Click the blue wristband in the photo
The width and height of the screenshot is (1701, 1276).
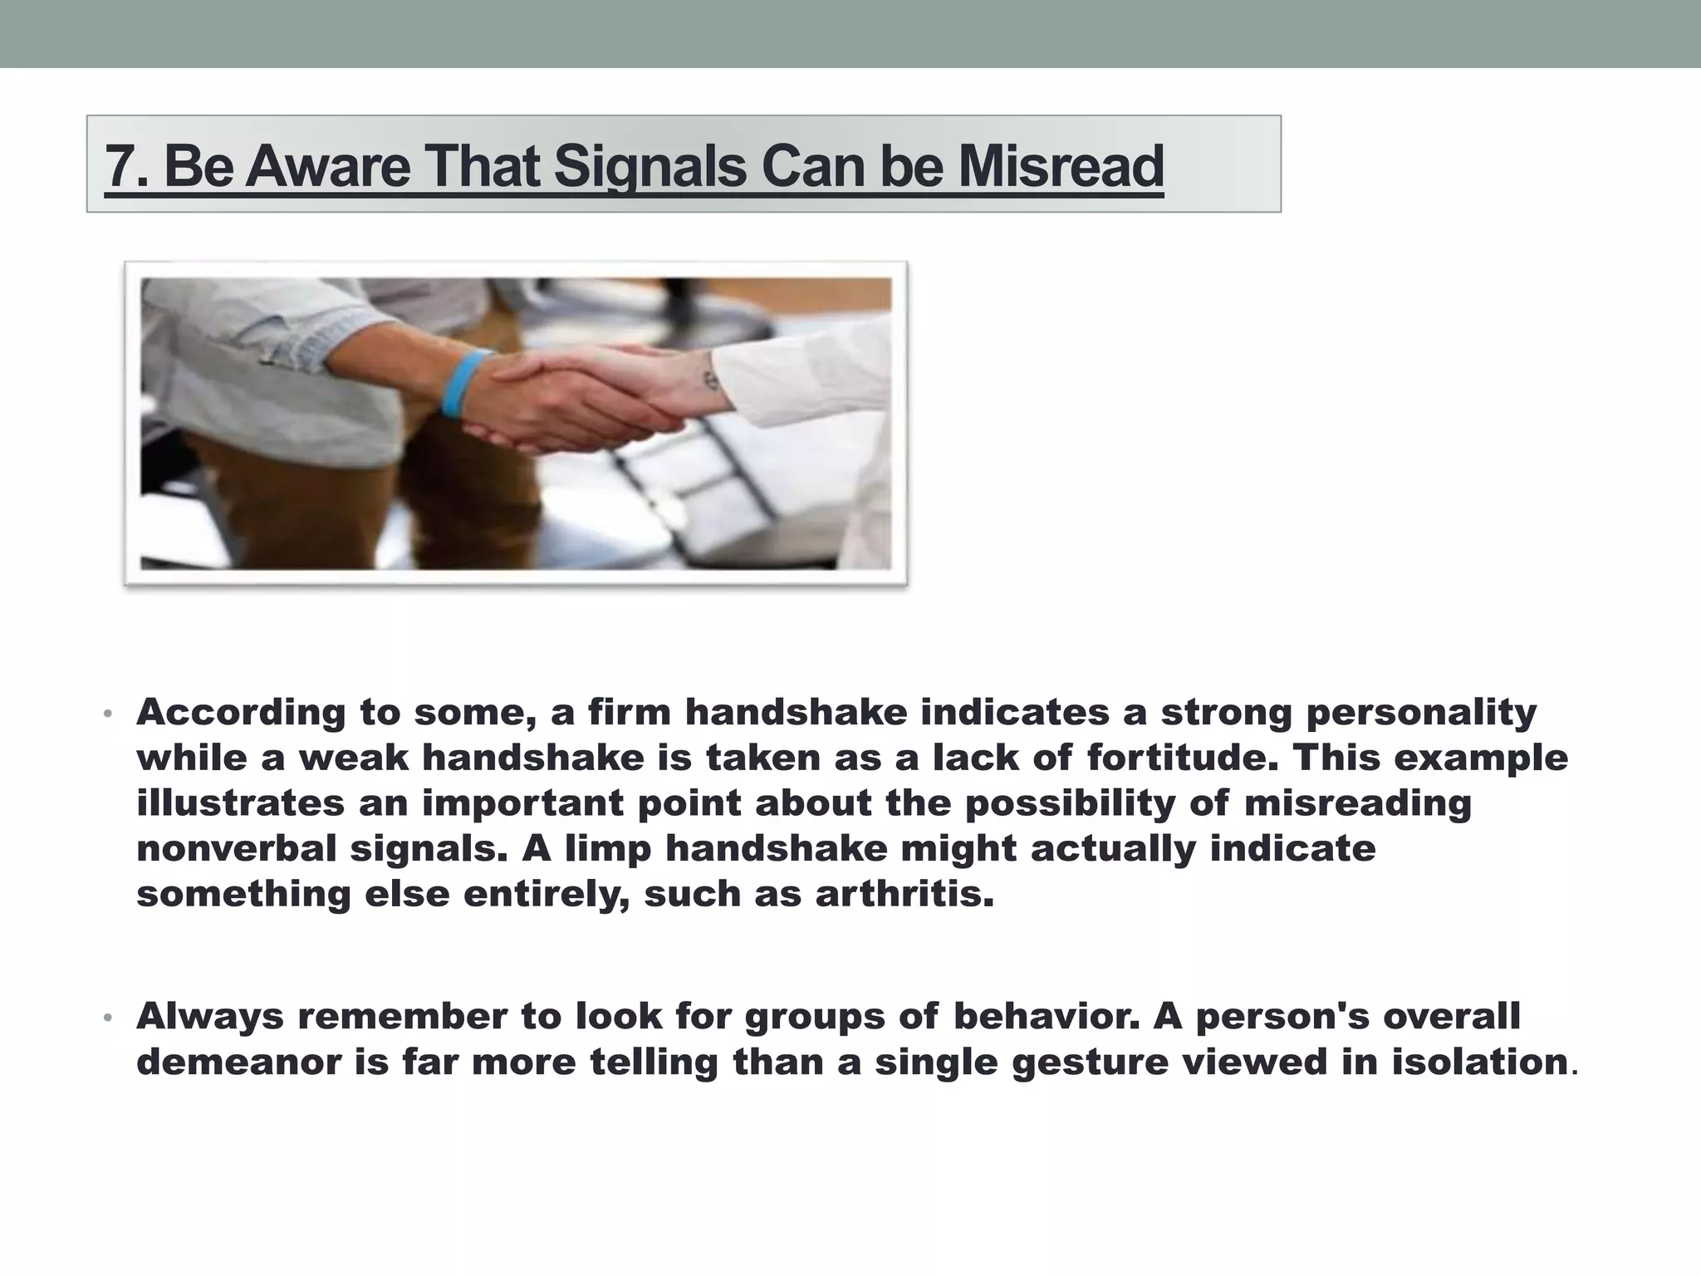pyautogui.click(x=462, y=383)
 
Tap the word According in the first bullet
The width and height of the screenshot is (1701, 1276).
pyautogui.click(x=241, y=712)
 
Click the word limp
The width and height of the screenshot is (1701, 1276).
pyautogui.click(x=607, y=848)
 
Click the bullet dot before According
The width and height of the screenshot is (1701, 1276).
pyautogui.click(x=106, y=714)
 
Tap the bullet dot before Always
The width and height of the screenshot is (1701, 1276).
pyautogui.click(x=106, y=1018)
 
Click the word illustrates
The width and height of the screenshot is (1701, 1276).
pyautogui.click(x=240, y=802)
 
